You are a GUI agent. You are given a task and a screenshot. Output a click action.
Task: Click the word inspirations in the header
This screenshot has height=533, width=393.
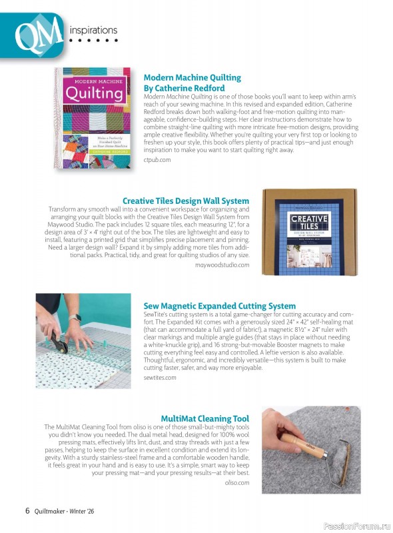pos(93,30)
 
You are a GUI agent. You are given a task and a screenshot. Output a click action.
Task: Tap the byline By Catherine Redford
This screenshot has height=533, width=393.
pos(184,87)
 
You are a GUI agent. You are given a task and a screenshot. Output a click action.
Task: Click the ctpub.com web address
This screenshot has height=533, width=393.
pos(157,161)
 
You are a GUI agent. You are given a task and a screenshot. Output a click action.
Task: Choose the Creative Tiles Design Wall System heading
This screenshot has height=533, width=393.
pos(186,201)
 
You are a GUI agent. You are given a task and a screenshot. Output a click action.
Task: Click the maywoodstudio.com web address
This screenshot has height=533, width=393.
pos(222,265)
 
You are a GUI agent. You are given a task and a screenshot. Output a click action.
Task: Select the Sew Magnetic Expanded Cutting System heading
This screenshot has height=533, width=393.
pos(219,306)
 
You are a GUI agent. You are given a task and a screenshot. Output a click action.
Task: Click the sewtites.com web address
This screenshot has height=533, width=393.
pos(160,378)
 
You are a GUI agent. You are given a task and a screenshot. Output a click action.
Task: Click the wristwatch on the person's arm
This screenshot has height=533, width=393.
pos(75,318)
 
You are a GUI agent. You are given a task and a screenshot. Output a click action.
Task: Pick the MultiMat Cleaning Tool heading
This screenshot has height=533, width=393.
pos(204,418)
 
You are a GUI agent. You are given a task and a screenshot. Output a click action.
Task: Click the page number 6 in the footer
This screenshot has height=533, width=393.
pos(27,511)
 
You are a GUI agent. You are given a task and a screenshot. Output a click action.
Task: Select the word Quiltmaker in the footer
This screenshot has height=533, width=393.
pos(51,512)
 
